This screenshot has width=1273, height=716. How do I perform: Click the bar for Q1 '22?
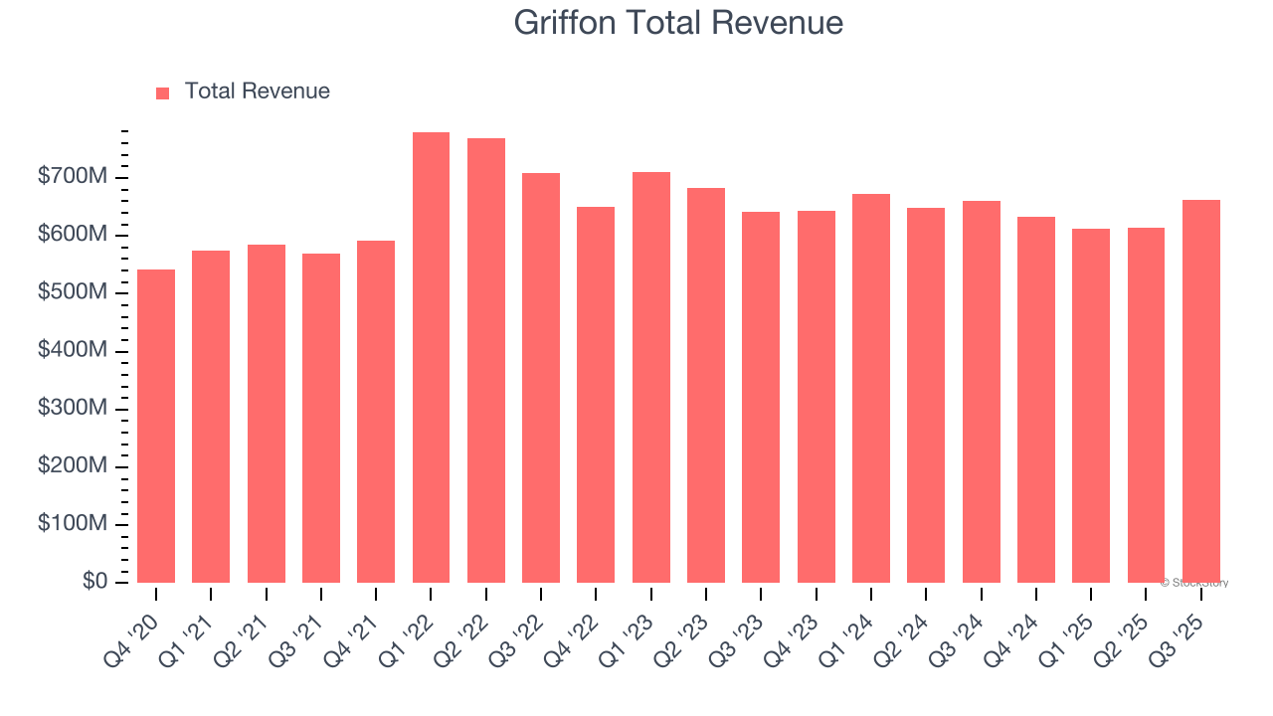click(431, 357)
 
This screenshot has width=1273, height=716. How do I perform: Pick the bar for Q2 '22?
click(486, 360)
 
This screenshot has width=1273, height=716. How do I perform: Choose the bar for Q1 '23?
click(651, 377)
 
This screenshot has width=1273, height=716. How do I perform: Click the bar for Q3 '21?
click(321, 418)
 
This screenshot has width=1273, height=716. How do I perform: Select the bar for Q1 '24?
click(871, 388)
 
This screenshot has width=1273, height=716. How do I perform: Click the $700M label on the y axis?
click(73, 177)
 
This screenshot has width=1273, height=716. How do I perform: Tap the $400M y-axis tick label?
click(73, 351)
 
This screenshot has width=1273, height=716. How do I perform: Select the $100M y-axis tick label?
click(73, 524)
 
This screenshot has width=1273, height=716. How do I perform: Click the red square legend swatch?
click(163, 92)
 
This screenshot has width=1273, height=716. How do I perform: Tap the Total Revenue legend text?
click(257, 91)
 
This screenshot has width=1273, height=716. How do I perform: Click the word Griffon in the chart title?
click(566, 23)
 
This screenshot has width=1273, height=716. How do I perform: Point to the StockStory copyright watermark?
click(1193, 583)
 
